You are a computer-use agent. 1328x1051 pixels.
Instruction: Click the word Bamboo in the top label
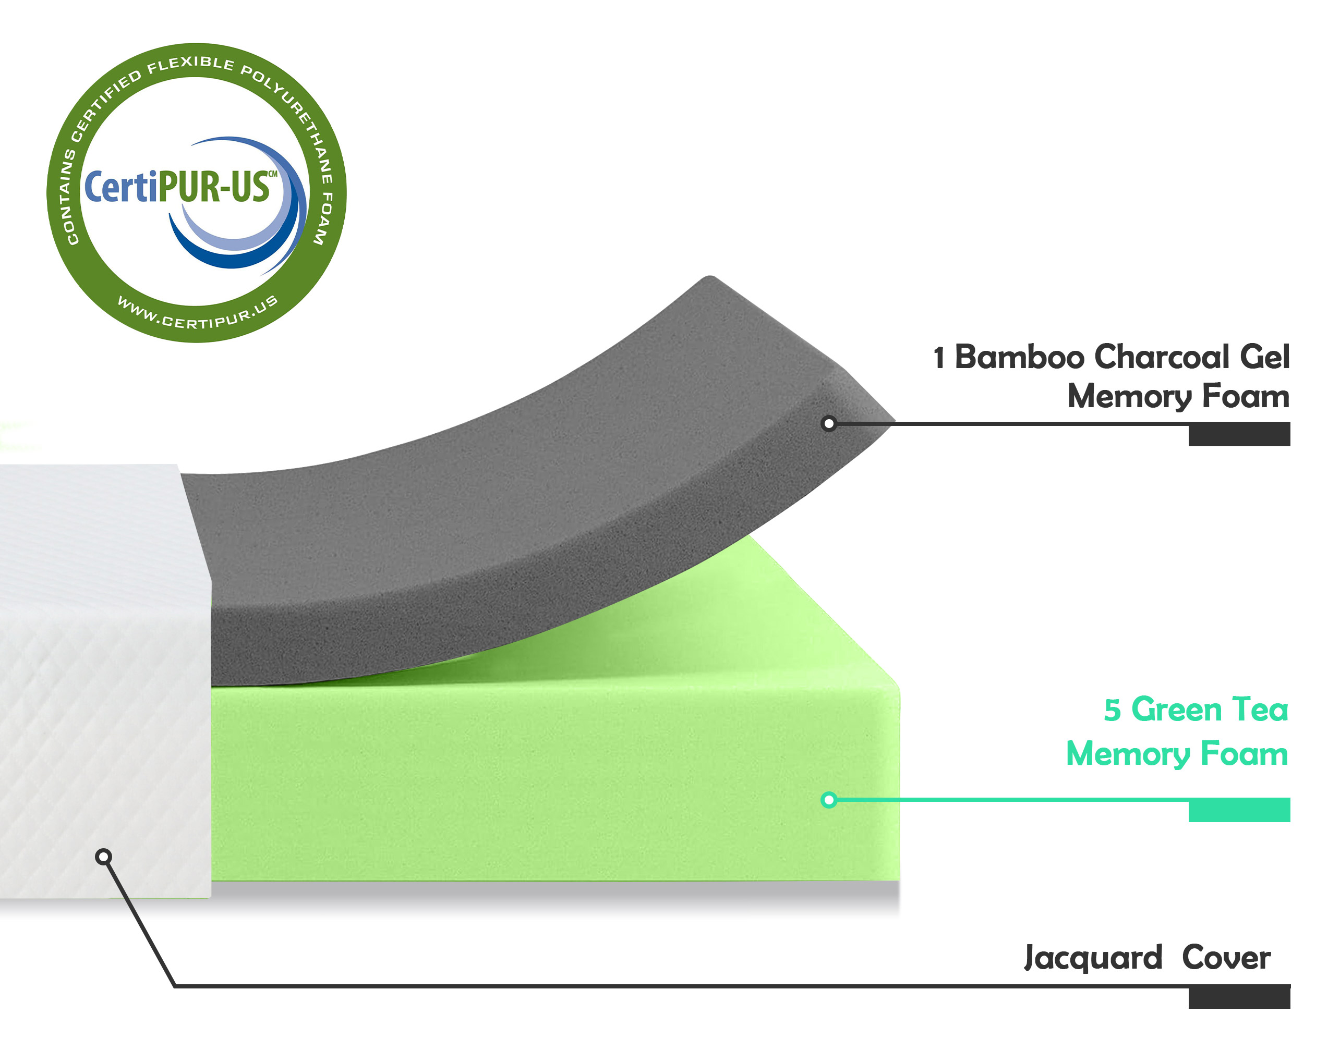pos(1019,358)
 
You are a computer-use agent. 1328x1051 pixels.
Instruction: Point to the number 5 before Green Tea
pos(1112,710)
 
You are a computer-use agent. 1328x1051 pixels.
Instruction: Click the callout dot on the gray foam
pos(829,423)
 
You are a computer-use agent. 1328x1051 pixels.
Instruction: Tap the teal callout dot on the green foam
pos(829,800)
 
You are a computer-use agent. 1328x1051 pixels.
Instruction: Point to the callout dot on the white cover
pos(103,857)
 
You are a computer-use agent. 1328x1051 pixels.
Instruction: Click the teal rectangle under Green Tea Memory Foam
pos(1239,810)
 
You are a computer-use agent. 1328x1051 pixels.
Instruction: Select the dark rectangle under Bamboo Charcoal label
pos(1239,434)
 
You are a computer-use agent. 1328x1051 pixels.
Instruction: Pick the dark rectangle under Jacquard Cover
pos(1239,997)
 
